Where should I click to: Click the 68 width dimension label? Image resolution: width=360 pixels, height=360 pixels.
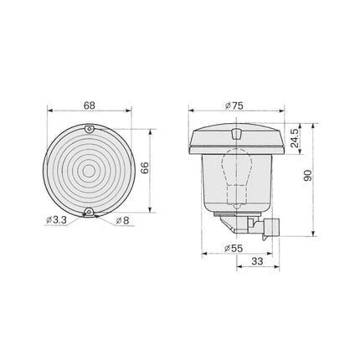point(90,105)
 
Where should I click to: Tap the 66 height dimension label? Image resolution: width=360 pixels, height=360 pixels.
point(145,167)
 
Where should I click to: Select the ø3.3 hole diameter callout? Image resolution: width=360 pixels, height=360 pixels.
point(56,220)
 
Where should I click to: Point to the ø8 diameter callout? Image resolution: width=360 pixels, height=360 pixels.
point(123,221)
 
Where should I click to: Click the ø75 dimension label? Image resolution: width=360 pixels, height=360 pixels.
point(234,105)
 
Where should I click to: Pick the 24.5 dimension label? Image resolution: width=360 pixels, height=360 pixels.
point(295,138)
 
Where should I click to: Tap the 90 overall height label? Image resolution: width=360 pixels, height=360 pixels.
point(307,175)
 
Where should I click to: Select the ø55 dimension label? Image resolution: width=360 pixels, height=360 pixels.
point(234,248)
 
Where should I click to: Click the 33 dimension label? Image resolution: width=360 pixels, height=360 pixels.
point(257,261)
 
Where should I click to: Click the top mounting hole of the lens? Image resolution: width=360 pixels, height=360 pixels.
point(90,129)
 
